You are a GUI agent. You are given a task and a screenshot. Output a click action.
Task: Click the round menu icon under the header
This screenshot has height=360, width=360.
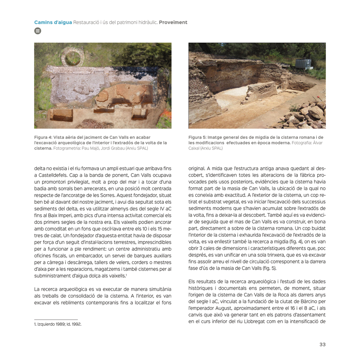coord(37,31)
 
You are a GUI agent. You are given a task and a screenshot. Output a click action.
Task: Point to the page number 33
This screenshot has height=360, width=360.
coord(322,344)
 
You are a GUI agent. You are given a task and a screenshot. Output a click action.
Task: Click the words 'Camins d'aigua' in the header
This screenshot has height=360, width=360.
coord(53,22)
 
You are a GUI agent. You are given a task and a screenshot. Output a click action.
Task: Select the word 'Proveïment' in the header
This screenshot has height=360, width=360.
coord(173,22)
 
